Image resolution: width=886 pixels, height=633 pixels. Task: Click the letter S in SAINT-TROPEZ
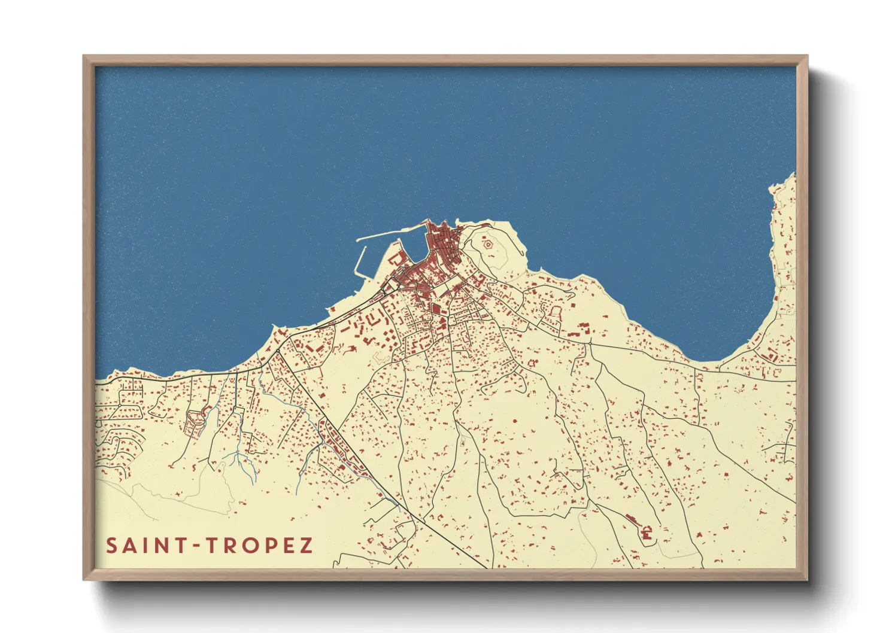tap(112, 546)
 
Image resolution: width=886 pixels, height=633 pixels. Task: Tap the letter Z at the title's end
tap(306, 546)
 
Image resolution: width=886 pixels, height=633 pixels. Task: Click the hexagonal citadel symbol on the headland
tap(487, 244)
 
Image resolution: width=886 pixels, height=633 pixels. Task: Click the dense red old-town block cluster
tap(440, 245)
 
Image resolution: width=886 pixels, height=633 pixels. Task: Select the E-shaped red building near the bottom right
tap(646, 532)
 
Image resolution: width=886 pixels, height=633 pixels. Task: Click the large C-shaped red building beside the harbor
tap(396, 258)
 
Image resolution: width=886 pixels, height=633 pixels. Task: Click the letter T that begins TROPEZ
tap(211, 546)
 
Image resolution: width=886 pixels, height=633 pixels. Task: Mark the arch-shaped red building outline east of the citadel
tap(555, 311)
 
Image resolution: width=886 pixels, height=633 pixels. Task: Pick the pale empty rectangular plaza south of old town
tap(444, 291)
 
